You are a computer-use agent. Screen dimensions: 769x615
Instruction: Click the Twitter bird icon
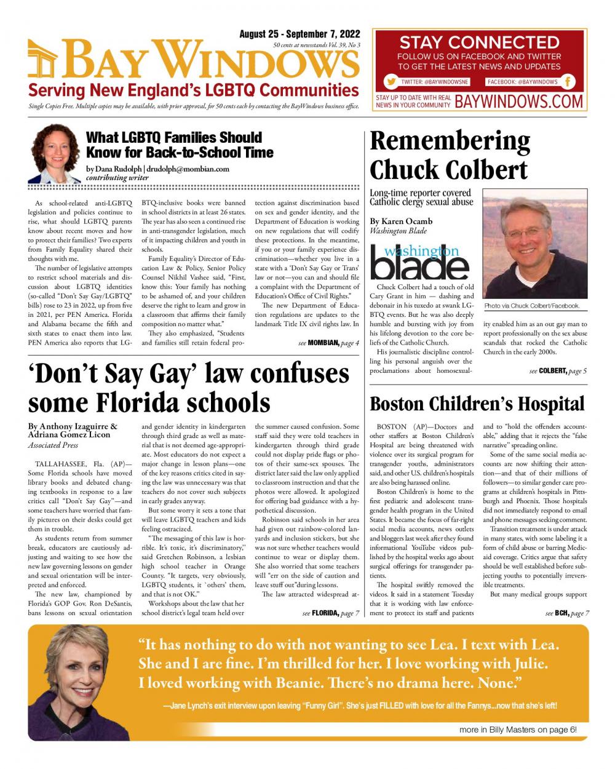(391, 82)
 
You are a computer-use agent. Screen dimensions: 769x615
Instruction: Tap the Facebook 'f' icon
(569, 82)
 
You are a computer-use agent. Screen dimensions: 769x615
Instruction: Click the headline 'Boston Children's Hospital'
(477, 404)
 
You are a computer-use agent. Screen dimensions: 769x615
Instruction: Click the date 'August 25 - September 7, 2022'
(300, 34)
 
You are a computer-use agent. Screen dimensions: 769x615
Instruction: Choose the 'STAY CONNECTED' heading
(479, 43)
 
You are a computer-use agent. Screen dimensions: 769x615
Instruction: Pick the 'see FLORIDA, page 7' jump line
(330, 613)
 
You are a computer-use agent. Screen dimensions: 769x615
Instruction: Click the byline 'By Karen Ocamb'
(401, 221)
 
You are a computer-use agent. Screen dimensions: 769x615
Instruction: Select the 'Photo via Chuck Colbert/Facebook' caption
(531, 306)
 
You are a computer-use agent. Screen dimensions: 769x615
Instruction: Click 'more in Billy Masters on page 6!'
(518, 730)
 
